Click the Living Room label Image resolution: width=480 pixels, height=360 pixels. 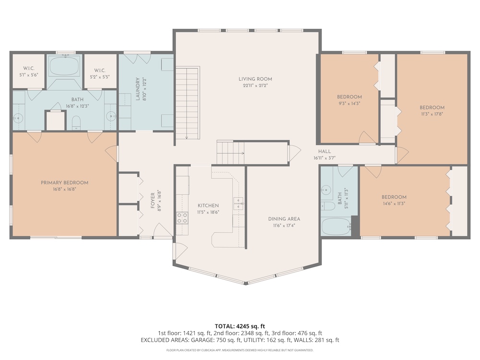tap(255, 79)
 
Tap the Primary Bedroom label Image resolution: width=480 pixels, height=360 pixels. tap(65, 183)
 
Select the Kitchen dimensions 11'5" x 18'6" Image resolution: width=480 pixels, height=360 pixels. tap(208, 212)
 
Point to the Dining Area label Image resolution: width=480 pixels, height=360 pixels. tap(284, 219)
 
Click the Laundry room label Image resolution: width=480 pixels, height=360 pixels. tap(138, 89)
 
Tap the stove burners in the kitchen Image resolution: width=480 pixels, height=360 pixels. tap(182, 217)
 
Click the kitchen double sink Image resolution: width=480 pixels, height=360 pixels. tap(239, 204)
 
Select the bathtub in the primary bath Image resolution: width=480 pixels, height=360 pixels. tap(64, 65)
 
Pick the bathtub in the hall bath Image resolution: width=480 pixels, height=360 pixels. tap(336, 227)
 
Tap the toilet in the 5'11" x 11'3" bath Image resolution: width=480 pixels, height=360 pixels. tap(327, 206)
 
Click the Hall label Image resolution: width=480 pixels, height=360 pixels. tap(324, 151)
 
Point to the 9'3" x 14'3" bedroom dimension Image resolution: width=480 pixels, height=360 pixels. tap(349, 104)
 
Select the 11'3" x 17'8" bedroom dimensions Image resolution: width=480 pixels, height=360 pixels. tap(432, 114)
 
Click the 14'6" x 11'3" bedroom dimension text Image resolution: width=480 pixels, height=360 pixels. tap(394, 204)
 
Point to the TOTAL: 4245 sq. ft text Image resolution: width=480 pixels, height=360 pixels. tap(240, 326)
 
